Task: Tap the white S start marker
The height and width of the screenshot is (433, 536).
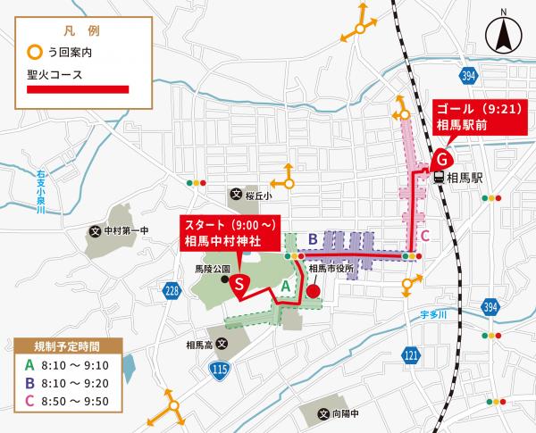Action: coord(239,284)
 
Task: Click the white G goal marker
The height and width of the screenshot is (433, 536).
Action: coord(440,162)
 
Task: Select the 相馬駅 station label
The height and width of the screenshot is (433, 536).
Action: coord(465,178)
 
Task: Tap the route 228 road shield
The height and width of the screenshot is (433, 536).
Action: coord(173,290)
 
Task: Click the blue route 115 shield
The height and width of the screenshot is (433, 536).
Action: coord(217,369)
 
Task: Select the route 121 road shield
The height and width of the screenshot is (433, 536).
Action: coord(410,355)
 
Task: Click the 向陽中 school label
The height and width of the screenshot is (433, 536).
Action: coord(345,414)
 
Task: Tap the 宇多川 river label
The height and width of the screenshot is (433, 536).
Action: coord(432,313)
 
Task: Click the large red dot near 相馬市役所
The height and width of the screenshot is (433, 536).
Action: coord(312,290)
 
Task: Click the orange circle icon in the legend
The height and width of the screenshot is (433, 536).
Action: coord(35,53)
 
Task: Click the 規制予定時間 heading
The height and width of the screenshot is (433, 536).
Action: coord(68,346)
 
